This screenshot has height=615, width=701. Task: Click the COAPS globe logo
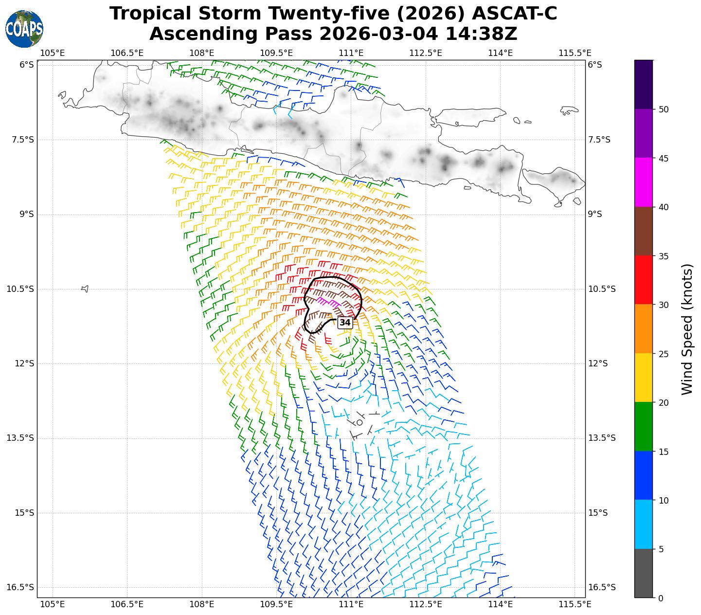coord(24,29)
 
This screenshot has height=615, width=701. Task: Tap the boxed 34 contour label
coord(345,323)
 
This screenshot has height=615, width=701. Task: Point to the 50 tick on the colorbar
coord(663,109)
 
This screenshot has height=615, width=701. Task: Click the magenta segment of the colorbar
coord(644,182)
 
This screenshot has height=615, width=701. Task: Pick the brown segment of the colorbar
coord(644,231)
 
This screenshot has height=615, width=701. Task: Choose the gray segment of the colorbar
coord(644,573)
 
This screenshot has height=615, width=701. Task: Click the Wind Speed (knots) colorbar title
coord(687,329)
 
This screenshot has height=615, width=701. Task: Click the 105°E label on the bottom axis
coord(52,604)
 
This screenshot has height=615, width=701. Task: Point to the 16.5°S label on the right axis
coord(601,587)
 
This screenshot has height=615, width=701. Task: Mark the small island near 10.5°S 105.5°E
coord(85,289)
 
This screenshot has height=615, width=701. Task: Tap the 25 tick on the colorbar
coord(663,354)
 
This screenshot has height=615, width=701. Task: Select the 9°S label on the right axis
coord(595,214)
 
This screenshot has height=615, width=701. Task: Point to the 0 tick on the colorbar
coord(660,598)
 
